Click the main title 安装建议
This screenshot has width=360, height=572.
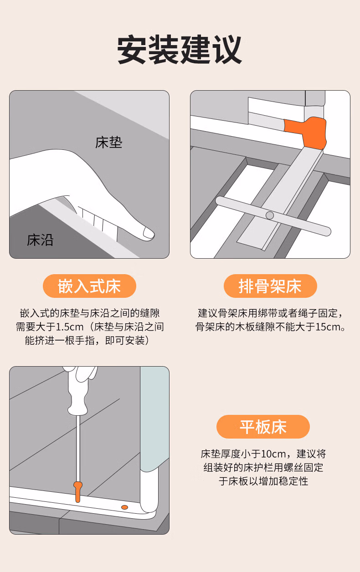(180, 49)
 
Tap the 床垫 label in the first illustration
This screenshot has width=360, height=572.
(108, 142)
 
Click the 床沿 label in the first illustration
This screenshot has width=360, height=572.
(40, 240)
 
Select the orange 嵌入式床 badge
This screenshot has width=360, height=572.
(89, 286)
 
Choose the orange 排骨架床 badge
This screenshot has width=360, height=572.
(270, 286)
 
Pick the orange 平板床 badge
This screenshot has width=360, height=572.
(263, 427)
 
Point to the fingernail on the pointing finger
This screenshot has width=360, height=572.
(148, 233)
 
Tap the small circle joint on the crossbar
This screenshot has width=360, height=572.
(270, 215)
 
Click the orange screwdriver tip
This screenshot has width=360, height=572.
(77, 492)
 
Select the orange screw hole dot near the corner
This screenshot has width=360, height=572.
(124, 507)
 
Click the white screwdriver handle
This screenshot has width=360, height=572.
(78, 391)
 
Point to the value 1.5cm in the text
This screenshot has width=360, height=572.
(70, 327)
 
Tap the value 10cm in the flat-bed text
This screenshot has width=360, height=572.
(273, 454)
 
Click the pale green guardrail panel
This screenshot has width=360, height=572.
(154, 419)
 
